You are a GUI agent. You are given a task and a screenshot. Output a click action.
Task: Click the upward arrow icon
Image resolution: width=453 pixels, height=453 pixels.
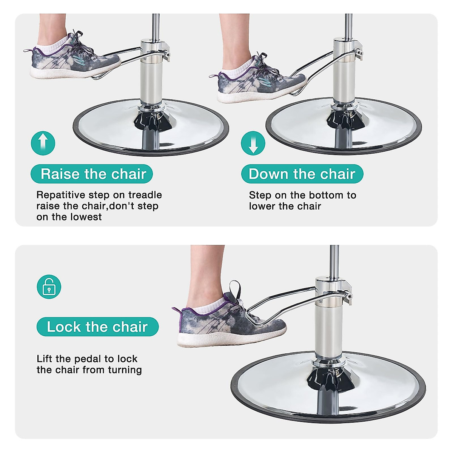[x=43, y=143]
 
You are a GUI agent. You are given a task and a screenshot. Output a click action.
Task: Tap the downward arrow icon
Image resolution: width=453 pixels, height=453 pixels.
[x=253, y=143]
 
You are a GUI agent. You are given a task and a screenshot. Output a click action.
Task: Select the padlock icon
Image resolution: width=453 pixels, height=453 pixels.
[x=49, y=287]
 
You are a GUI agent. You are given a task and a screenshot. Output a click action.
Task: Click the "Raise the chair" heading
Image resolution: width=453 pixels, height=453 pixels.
[x=92, y=174]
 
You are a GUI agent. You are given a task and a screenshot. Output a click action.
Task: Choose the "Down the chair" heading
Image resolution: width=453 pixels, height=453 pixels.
[x=302, y=174]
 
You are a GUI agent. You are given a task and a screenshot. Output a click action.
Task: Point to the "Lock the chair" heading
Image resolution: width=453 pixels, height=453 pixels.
[x=97, y=327]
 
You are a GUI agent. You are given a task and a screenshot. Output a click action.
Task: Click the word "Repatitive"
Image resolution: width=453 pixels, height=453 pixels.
[x=61, y=195]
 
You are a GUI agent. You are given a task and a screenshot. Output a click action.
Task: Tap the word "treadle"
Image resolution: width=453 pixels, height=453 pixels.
[x=145, y=195]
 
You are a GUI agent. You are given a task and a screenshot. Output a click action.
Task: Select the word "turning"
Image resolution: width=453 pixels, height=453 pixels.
[x=125, y=370]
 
